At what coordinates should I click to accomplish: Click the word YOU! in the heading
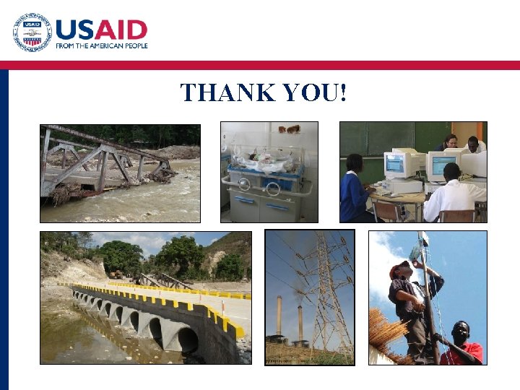coord(315,92)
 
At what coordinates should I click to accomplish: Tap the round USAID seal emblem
coord(32,32)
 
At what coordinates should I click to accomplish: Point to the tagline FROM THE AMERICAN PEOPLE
coord(102,45)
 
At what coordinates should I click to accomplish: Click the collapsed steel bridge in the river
coord(108,162)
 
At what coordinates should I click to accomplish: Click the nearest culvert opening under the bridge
coord(186,340)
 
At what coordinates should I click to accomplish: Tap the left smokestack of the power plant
coord(279,315)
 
